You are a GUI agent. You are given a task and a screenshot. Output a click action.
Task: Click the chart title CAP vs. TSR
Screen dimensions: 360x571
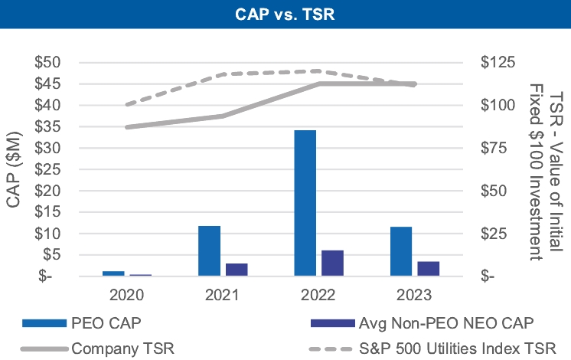[285, 14]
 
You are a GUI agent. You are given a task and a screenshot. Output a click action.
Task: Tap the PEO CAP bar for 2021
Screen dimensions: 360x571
[209, 250]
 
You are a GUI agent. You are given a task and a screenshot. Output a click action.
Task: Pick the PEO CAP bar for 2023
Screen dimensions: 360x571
[401, 251]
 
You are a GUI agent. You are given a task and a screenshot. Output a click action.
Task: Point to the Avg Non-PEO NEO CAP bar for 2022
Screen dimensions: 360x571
[332, 263]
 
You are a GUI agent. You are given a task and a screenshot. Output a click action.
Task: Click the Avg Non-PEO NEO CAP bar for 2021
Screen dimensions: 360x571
[237, 269]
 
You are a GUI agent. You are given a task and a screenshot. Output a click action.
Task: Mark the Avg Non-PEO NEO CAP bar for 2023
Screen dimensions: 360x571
[429, 268]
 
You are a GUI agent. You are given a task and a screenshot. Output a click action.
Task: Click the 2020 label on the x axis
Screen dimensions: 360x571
[127, 295]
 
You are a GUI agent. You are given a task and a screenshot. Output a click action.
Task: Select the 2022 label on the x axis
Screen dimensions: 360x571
[318, 295]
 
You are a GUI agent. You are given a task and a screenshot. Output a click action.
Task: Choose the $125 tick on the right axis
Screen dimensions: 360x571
[498, 62]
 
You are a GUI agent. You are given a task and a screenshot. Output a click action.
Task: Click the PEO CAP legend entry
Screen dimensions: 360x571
[106, 322]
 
